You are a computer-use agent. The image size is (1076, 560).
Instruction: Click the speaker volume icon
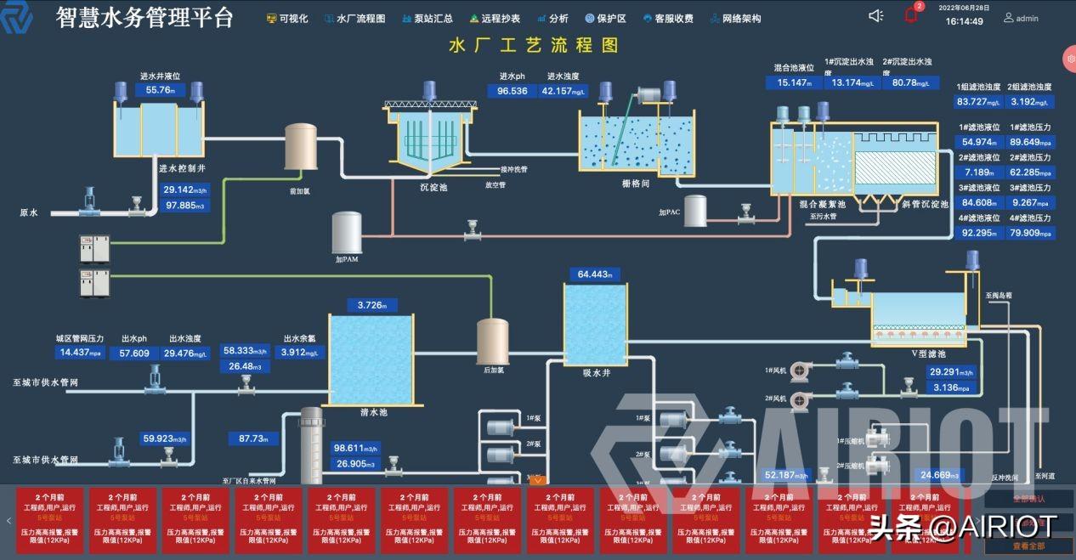(x=876, y=15)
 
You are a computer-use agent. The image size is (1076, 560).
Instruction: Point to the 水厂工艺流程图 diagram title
(x=534, y=46)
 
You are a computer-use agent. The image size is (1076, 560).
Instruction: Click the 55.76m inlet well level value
(x=160, y=90)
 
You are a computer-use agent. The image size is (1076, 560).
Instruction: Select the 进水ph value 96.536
(x=513, y=91)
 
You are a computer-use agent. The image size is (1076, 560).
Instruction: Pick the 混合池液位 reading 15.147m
(x=796, y=82)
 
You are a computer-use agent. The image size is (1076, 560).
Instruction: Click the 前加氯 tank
(x=299, y=147)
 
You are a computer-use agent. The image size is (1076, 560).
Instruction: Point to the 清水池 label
(x=372, y=411)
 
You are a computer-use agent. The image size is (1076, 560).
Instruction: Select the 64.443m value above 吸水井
(x=595, y=274)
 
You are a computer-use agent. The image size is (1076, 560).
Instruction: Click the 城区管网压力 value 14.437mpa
(x=81, y=353)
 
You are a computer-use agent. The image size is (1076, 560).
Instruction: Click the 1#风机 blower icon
(x=800, y=371)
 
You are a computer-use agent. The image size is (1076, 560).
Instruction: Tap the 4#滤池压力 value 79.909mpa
(x=1031, y=233)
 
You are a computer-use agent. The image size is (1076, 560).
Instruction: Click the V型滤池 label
(x=928, y=353)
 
